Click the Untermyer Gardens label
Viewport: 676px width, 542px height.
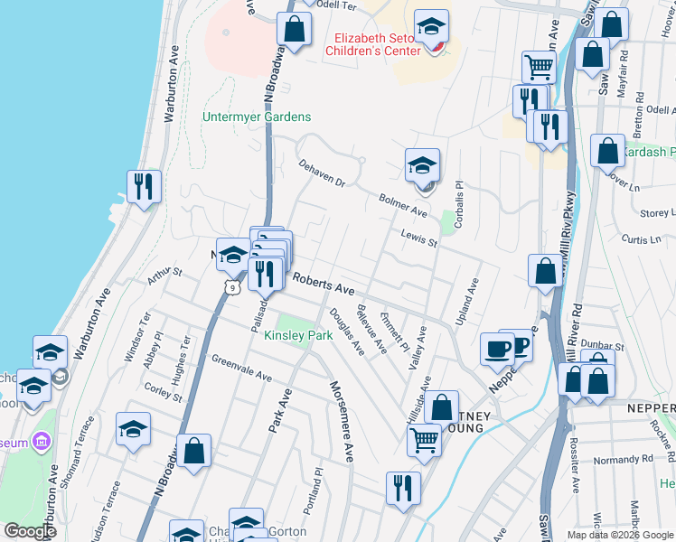(x=257, y=117)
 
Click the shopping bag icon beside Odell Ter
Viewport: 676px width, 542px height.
(x=294, y=30)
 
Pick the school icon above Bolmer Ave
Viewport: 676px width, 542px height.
(x=422, y=167)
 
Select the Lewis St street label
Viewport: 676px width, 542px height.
(x=420, y=238)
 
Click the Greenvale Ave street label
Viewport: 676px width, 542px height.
(x=241, y=368)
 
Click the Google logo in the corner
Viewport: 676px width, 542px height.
(x=30, y=531)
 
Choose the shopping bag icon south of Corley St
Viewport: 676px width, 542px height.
(x=193, y=452)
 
